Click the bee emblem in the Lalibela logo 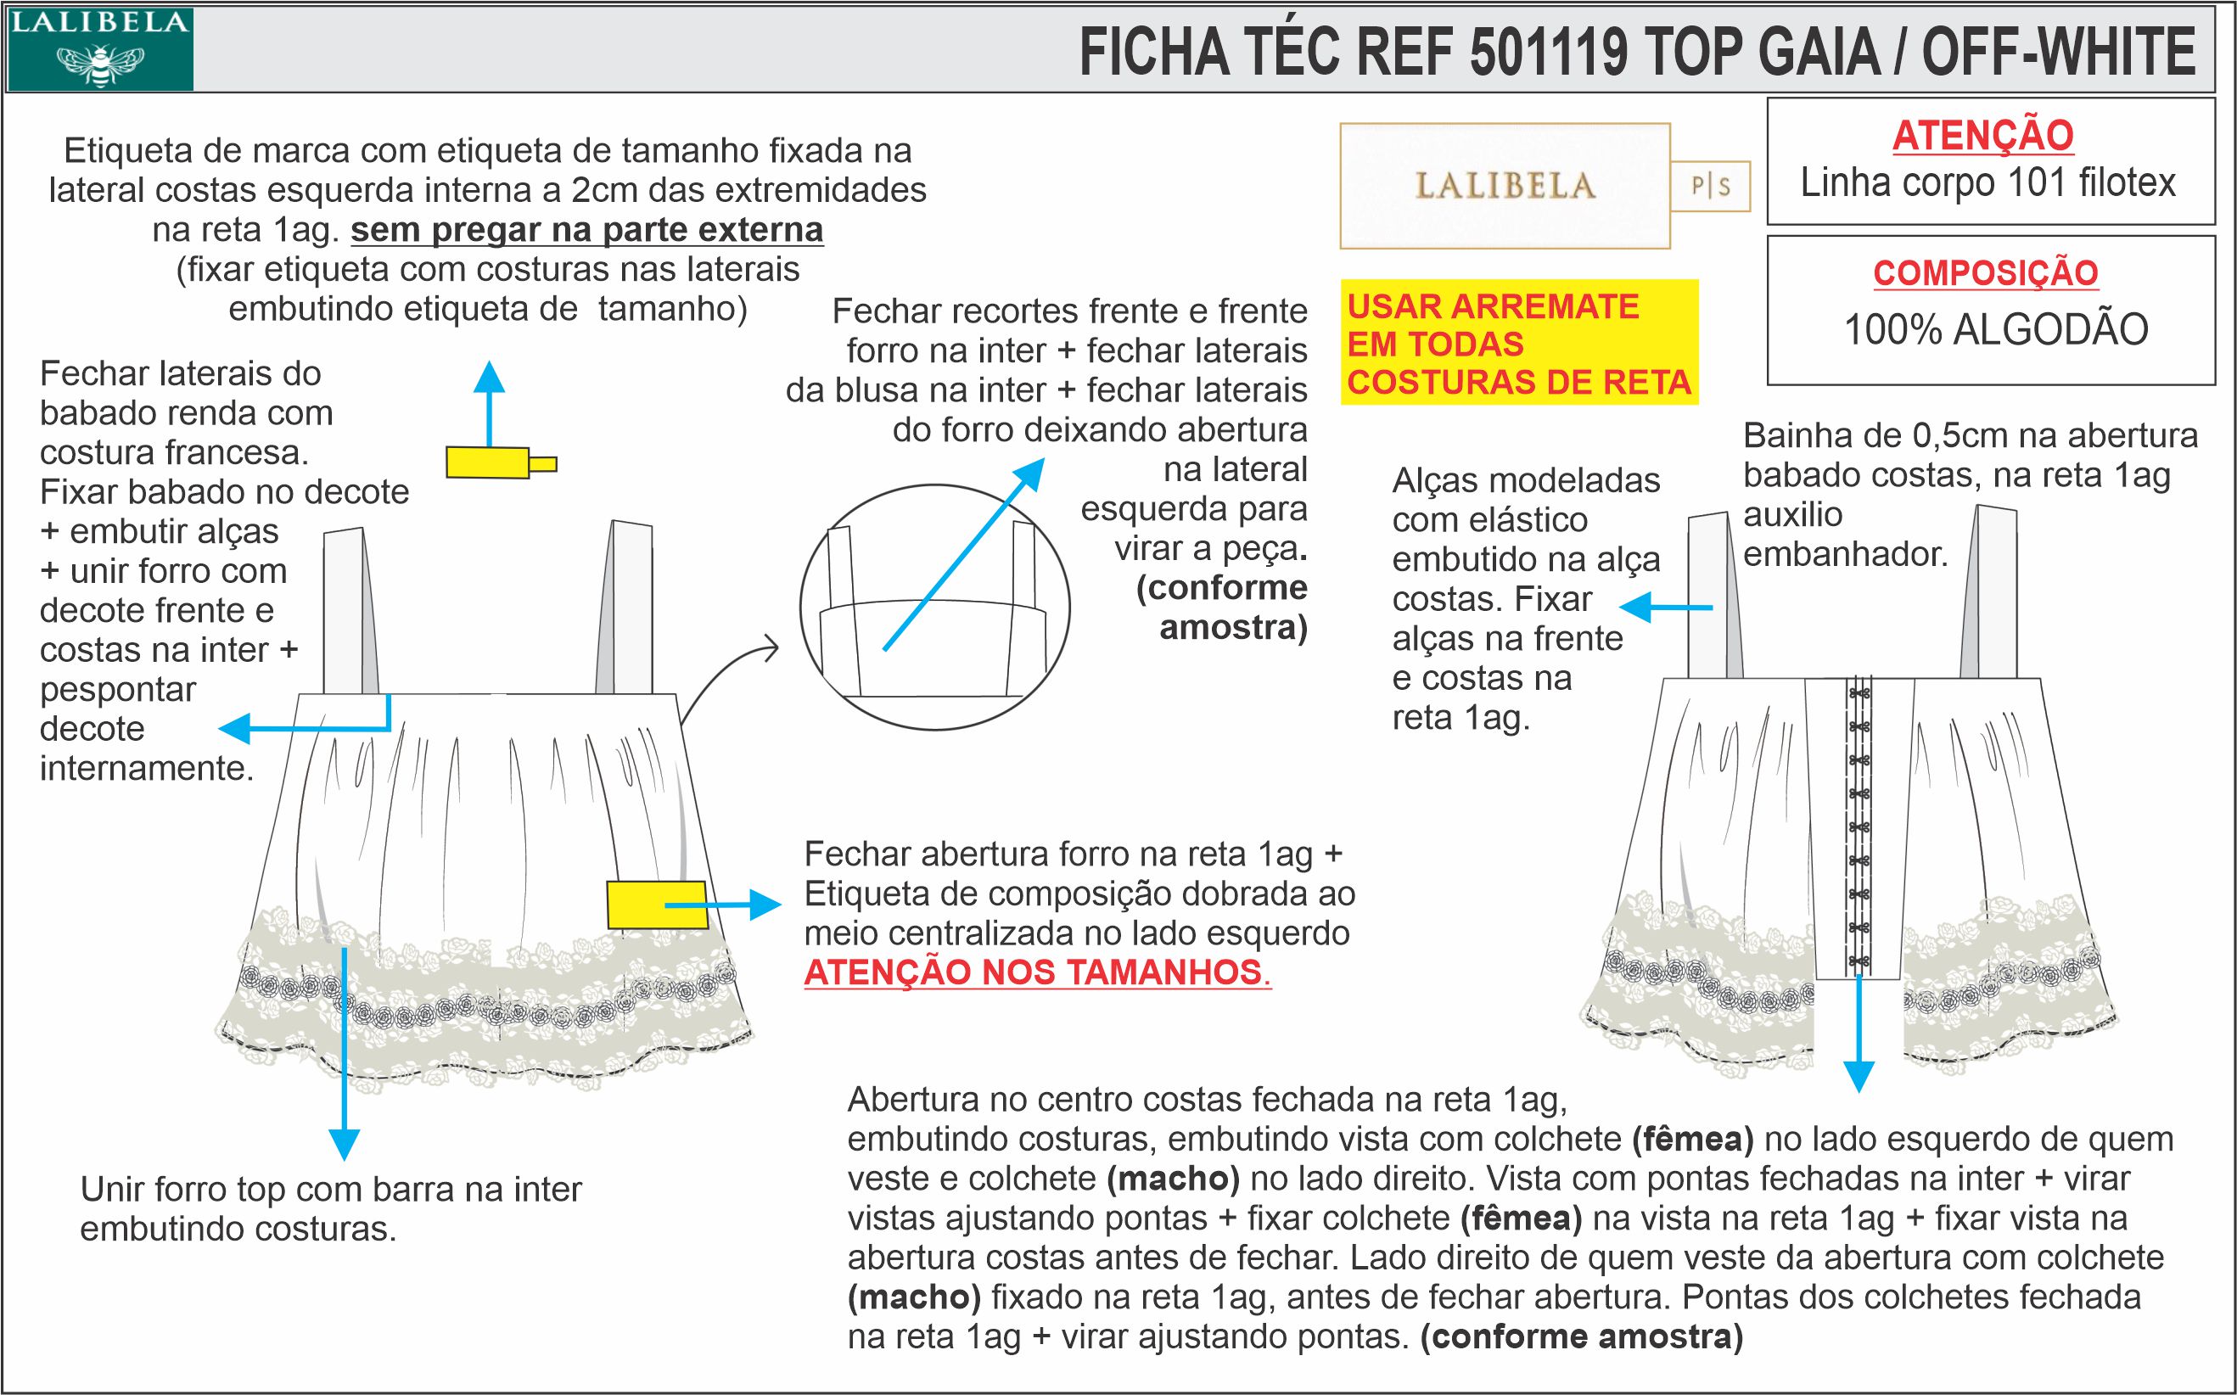100,64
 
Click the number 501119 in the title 1549,52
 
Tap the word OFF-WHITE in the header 2058,52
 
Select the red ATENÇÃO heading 1982,136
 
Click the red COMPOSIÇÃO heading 1985,273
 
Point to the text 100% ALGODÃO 1995,329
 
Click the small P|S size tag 1710,188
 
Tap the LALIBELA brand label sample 1505,187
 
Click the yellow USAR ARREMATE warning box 1519,342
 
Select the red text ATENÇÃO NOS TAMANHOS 1038,972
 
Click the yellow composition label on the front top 657,905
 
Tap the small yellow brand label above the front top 501,462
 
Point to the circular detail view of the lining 934,607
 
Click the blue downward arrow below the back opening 1859,1034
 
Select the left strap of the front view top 350,611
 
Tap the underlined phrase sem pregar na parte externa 586,230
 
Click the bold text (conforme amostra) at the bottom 1582,1337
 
